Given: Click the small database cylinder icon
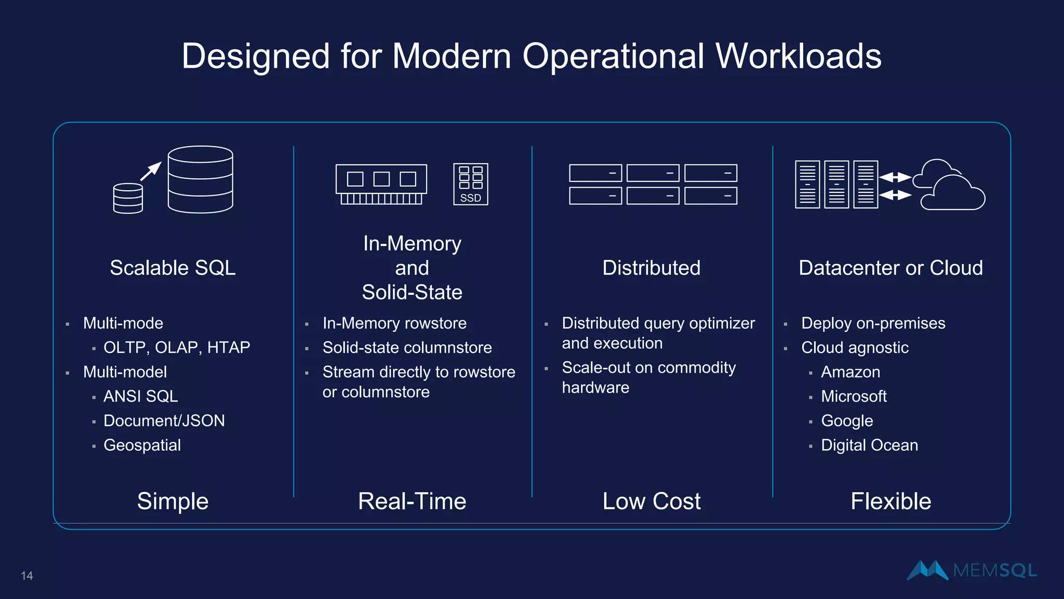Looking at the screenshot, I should (128, 198).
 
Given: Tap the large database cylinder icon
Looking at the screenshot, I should (200, 179).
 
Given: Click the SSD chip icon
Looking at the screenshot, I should (471, 184).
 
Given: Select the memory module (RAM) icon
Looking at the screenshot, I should (381, 184).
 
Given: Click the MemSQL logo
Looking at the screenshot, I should (972, 570).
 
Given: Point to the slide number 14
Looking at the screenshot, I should (27, 576).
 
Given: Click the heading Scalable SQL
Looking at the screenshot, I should (172, 268).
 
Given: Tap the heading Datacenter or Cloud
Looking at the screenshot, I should (890, 268).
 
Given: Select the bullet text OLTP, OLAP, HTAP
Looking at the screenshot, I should (177, 347).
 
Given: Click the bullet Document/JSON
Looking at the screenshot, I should (164, 420).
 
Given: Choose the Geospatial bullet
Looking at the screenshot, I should (142, 445).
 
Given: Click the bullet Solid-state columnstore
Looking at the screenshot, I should (407, 347).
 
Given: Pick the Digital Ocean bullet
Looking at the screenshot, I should (869, 445).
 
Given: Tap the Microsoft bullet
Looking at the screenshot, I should (854, 396).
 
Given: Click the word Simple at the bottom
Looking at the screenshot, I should (172, 501).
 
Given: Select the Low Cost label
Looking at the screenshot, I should (651, 501).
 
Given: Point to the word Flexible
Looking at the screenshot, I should (890, 501).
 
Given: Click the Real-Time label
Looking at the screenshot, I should (412, 501).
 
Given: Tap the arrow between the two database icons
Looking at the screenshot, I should (151, 171).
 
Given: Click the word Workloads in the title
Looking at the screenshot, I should (798, 56).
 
